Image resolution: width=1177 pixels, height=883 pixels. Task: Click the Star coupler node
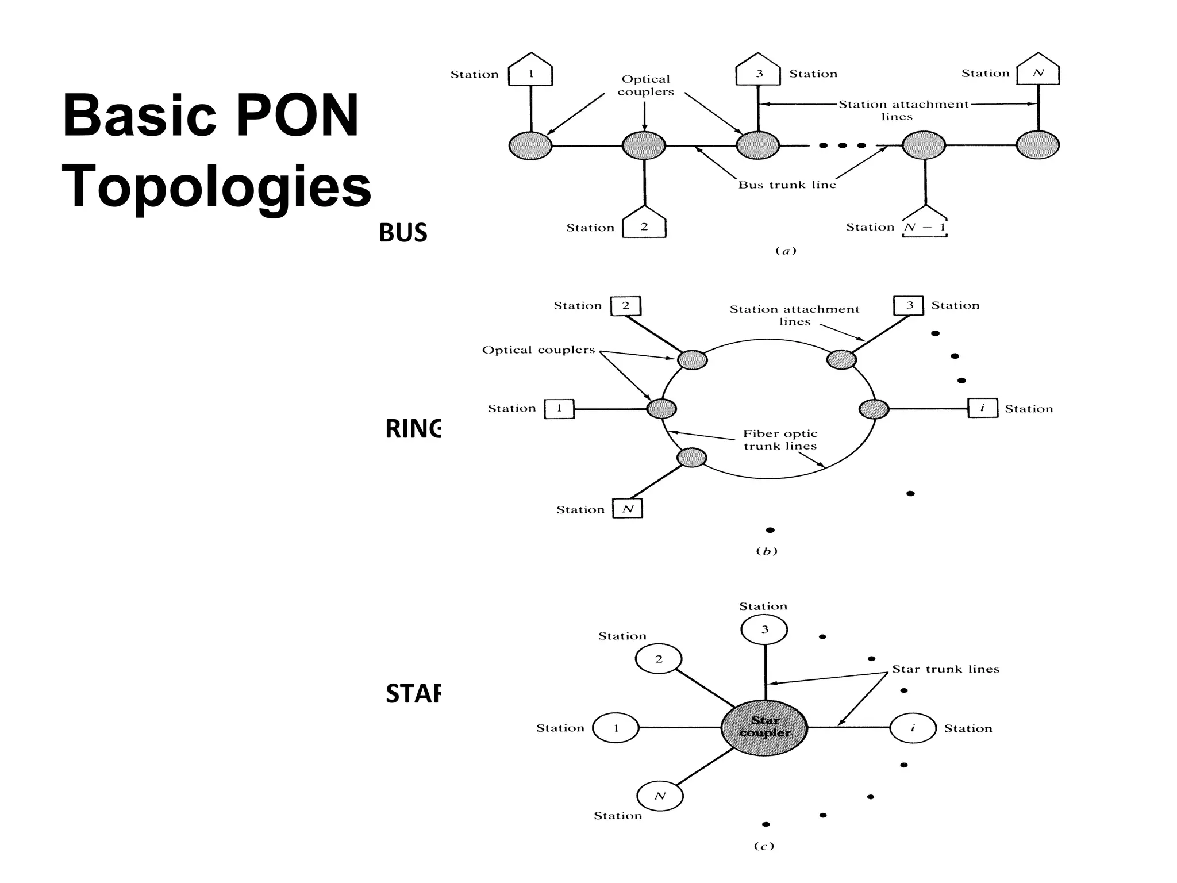[x=764, y=727]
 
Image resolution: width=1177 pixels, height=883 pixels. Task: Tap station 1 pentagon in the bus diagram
[x=530, y=71]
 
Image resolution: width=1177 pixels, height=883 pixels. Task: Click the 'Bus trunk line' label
[x=787, y=185]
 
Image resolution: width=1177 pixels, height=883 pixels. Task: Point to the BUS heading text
[x=403, y=233]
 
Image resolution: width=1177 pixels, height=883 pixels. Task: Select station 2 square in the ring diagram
[x=626, y=306]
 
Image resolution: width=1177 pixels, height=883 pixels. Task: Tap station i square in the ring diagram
[x=982, y=408]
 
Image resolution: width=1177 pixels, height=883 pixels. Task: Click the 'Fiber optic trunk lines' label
[x=780, y=440]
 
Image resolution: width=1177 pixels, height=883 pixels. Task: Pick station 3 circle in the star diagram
[x=764, y=629]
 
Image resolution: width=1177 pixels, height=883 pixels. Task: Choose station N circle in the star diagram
[x=660, y=796]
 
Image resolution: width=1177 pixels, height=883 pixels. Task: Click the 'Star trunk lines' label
[x=945, y=669]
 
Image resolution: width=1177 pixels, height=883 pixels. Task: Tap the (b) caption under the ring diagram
[x=766, y=551]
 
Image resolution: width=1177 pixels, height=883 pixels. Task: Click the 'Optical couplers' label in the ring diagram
[x=538, y=350]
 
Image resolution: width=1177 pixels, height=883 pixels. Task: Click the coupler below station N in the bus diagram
[x=1037, y=145]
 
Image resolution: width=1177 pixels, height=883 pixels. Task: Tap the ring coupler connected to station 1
[x=661, y=409]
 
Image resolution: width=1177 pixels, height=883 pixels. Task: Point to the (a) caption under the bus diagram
[x=786, y=251]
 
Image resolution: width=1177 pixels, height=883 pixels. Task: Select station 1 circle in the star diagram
[x=616, y=728]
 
